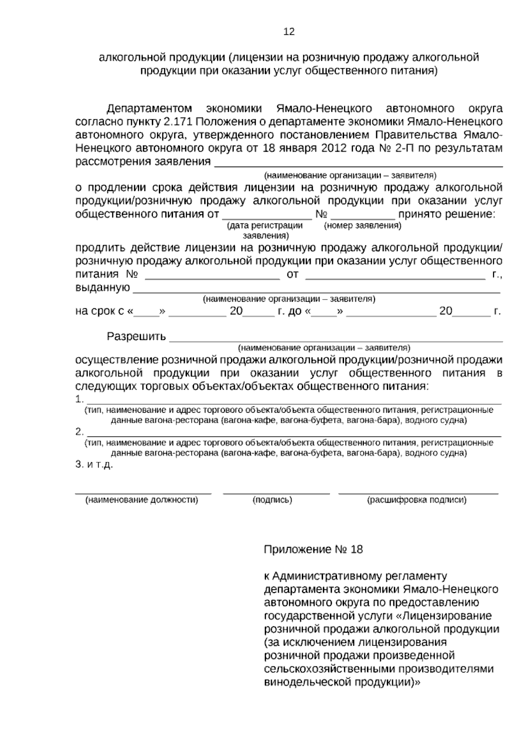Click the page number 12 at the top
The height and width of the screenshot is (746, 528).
[x=289, y=32]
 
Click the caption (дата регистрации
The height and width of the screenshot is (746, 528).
[x=264, y=226]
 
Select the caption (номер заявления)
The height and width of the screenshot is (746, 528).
[x=363, y=226]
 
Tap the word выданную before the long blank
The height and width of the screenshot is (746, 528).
[x=103, y=288]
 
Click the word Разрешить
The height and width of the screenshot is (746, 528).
[x=136, y=337]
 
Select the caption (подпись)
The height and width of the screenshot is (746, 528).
[x=272, y=500]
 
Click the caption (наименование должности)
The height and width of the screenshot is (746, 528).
[x=142, y=500]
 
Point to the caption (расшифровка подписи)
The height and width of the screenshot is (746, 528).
[x=417, y=500]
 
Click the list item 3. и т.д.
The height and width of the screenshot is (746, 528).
[x=94, y=465]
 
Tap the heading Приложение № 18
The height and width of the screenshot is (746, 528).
[x=313, y=549]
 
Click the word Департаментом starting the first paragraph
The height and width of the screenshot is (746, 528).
[x=150, y=108]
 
